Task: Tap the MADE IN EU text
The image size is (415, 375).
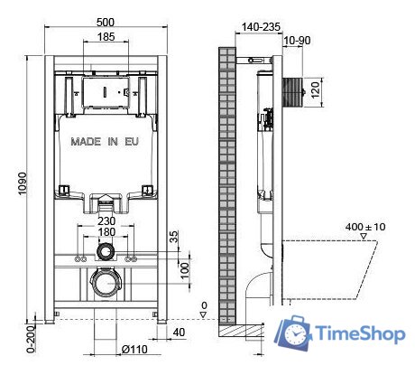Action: (105, 142)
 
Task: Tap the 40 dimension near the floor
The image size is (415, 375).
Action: (180, 333)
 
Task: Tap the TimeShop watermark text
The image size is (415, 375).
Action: (356, 335)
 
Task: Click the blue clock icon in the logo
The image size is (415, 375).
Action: (294, 336)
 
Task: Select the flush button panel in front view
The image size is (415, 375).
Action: (106, 91)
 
